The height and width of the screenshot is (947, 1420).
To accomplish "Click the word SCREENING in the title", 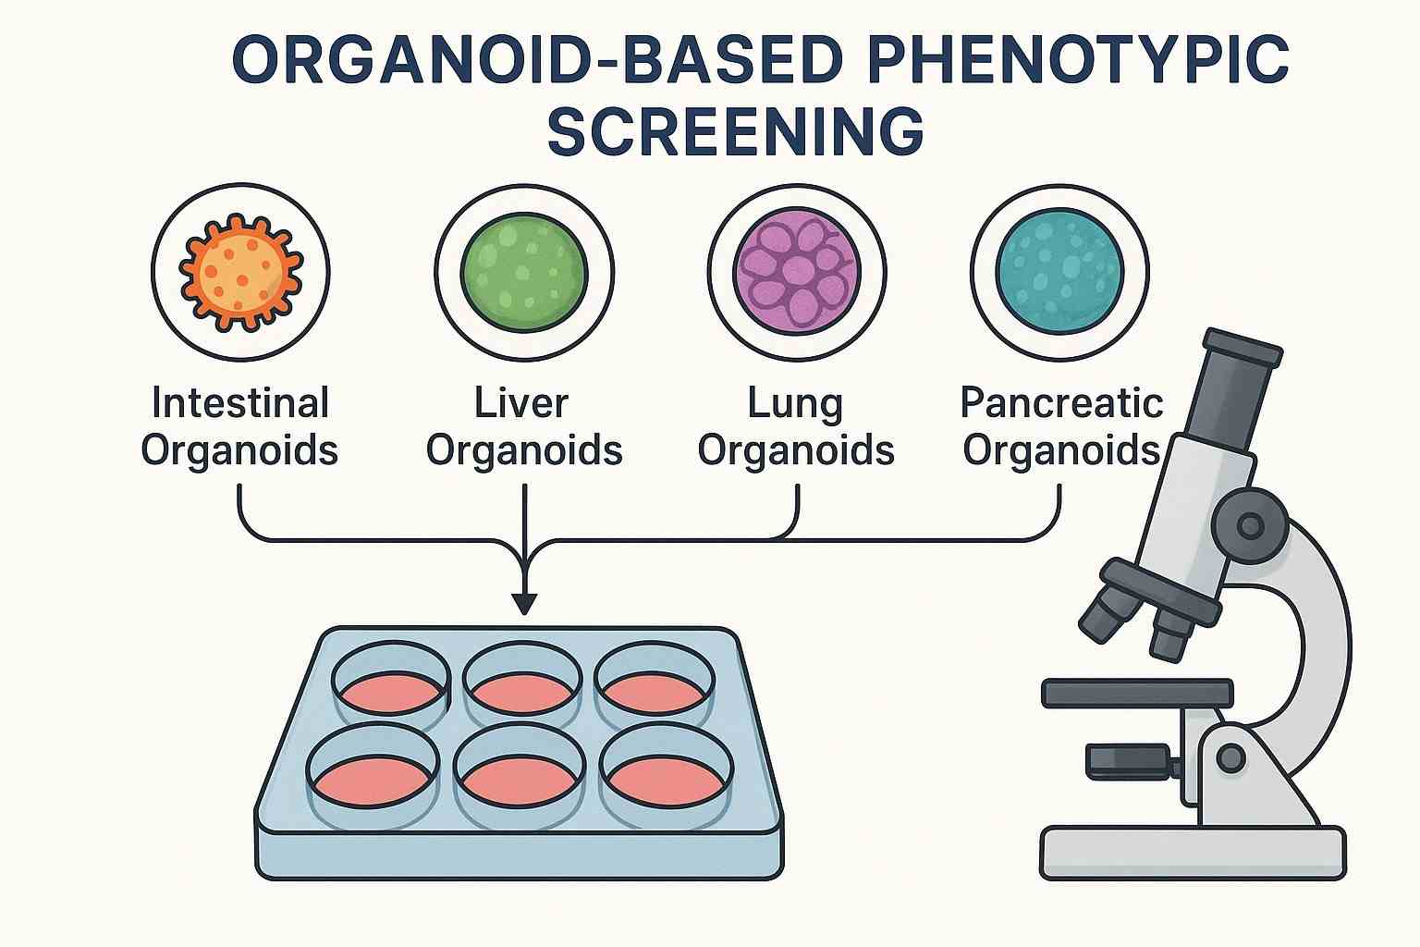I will click(735, 131).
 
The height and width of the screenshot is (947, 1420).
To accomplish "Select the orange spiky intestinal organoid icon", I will click(240, 273).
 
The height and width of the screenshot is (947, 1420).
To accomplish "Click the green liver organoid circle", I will click(523, 273).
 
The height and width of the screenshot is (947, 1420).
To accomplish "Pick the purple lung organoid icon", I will click(797, 273).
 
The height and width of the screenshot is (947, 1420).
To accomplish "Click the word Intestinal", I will click(240, 403).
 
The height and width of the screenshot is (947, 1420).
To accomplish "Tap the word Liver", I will click(521, 403).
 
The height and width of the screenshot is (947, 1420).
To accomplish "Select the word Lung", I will click(795, 403).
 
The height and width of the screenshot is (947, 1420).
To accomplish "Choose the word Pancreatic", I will click(1061, 403).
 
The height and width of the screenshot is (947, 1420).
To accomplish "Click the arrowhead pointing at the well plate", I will click(524, 602).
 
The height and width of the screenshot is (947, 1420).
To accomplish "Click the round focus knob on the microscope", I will click(1250, 526).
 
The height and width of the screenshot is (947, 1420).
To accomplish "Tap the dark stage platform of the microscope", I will click(1137, 693).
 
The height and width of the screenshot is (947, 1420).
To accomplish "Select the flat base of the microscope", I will click(1193, 852).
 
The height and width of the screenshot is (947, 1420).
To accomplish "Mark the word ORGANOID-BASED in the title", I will click(536, 61).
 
